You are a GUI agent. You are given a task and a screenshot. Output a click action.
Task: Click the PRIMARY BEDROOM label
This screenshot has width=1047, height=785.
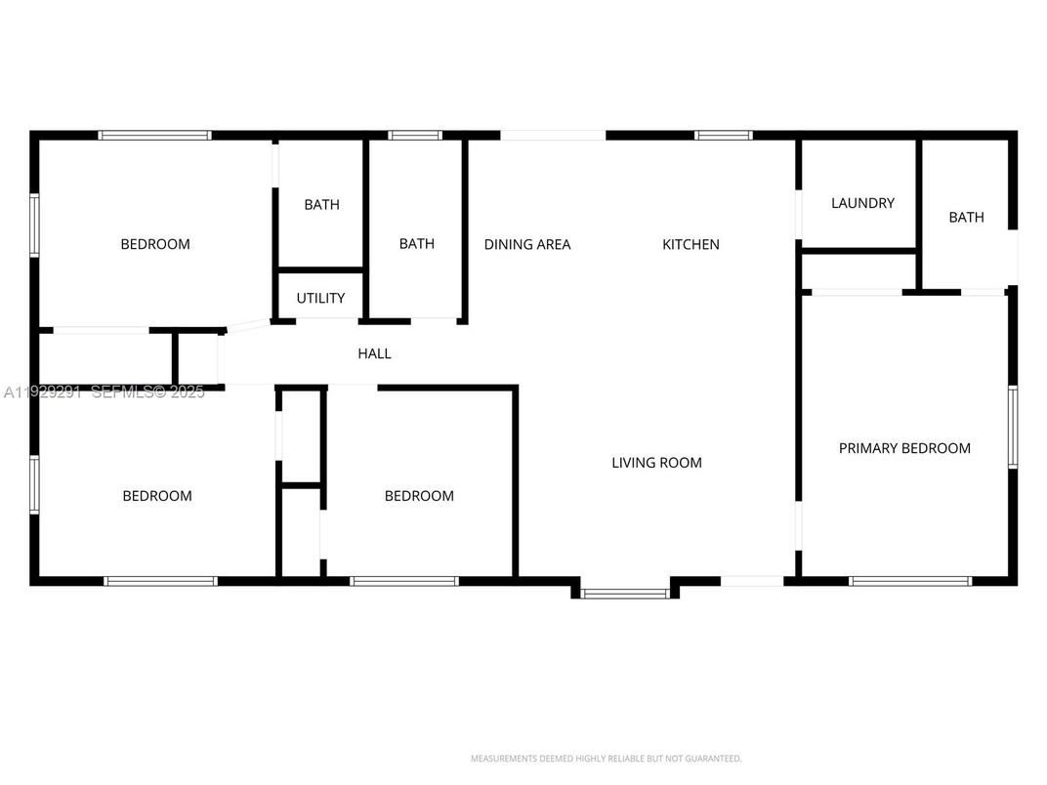[904, 448]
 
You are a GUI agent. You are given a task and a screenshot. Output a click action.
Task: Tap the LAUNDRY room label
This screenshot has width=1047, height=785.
[862, 203]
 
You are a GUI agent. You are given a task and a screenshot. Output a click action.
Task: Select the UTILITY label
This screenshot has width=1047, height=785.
[320, 298]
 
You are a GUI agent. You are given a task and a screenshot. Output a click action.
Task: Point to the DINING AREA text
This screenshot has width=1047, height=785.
[527, 244]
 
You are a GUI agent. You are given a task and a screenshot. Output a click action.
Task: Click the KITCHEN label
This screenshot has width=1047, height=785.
[691, 244]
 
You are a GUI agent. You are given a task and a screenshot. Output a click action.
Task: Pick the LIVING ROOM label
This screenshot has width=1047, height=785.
[656, 462]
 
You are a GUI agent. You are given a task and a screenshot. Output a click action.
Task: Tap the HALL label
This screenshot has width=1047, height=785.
[374, 353]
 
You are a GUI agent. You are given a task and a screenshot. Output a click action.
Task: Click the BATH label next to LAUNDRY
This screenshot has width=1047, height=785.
[966, 217]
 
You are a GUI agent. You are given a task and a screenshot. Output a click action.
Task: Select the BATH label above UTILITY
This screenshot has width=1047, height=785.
[321, 204]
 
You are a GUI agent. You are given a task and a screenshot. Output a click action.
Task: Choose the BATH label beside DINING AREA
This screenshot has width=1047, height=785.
[417, 244]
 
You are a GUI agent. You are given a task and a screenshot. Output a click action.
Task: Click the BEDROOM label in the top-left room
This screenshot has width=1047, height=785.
[155, 244]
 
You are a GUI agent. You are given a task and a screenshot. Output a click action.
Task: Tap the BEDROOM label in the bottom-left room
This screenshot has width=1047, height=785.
[157, 496]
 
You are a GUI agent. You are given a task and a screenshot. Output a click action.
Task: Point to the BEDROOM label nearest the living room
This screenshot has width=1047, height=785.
[419, 496]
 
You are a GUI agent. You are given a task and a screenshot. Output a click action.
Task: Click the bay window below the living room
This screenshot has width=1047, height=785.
[625, 592]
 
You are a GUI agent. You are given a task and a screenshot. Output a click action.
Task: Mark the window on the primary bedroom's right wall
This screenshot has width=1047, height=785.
[1013, 427]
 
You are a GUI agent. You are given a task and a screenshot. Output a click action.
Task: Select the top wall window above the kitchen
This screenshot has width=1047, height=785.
[724, 135]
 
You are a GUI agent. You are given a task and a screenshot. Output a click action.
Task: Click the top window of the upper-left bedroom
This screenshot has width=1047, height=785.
[154, 135]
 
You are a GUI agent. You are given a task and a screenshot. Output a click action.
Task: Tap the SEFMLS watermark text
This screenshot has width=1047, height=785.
[147, 392]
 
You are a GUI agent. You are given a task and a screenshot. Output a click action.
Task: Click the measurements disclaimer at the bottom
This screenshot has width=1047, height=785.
[606, 759]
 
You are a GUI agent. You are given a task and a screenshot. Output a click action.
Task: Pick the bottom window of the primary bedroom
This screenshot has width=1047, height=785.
[910, 581]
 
